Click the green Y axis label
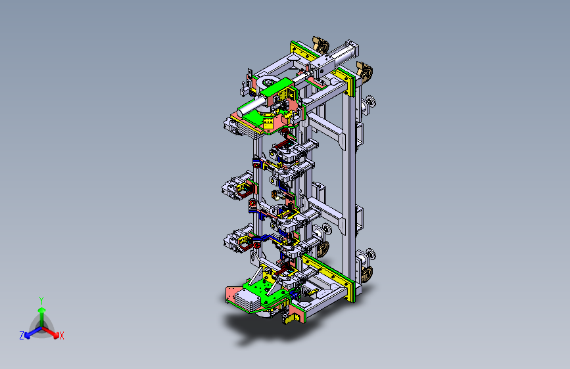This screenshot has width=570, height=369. [41, 301]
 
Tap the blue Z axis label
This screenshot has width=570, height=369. [22, 336]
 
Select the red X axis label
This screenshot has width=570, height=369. [61, 336]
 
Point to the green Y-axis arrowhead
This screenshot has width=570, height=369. [42, 311]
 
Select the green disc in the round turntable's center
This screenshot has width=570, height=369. [269, 83]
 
